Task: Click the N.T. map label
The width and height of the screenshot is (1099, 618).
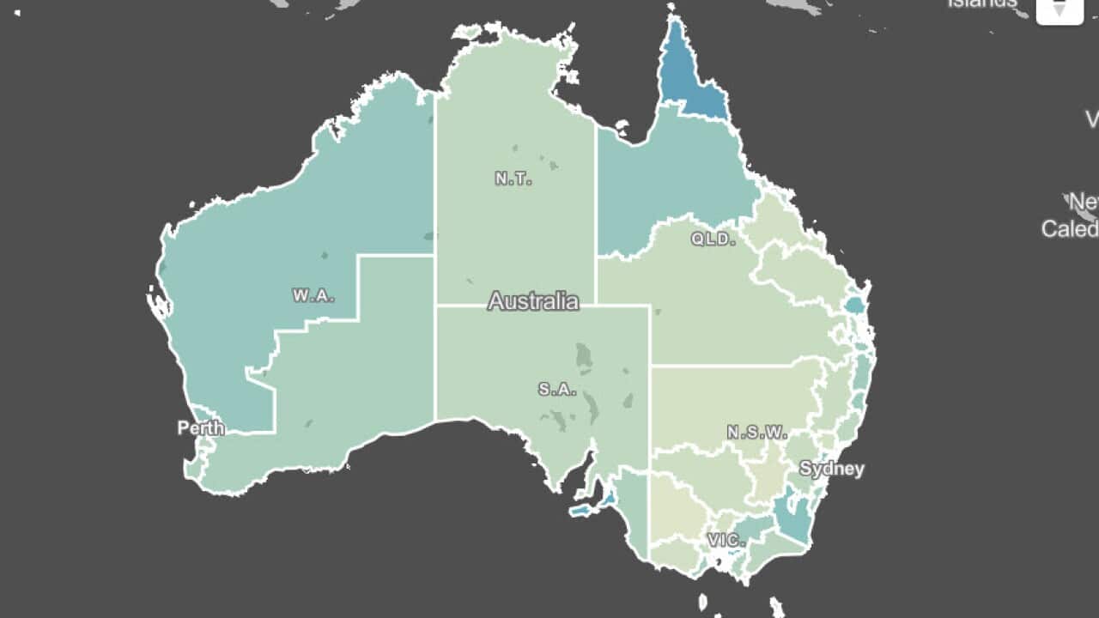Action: [513, 179]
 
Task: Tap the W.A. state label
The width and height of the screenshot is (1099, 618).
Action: [313, 295]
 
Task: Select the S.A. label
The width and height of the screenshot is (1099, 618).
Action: [557, 389]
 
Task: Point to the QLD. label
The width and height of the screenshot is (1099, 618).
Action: [713, 239]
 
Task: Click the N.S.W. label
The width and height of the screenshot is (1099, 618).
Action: [756, 433]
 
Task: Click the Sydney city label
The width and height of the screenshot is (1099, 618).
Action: [831, 469]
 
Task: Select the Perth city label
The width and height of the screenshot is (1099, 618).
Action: [201, 427]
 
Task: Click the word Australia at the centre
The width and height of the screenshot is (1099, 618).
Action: [533, 301]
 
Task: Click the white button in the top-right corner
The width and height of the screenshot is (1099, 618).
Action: [1060, 10]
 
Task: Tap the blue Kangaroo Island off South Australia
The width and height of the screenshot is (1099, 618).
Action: [582, 511]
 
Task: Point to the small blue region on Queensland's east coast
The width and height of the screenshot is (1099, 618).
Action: [854, 304]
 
